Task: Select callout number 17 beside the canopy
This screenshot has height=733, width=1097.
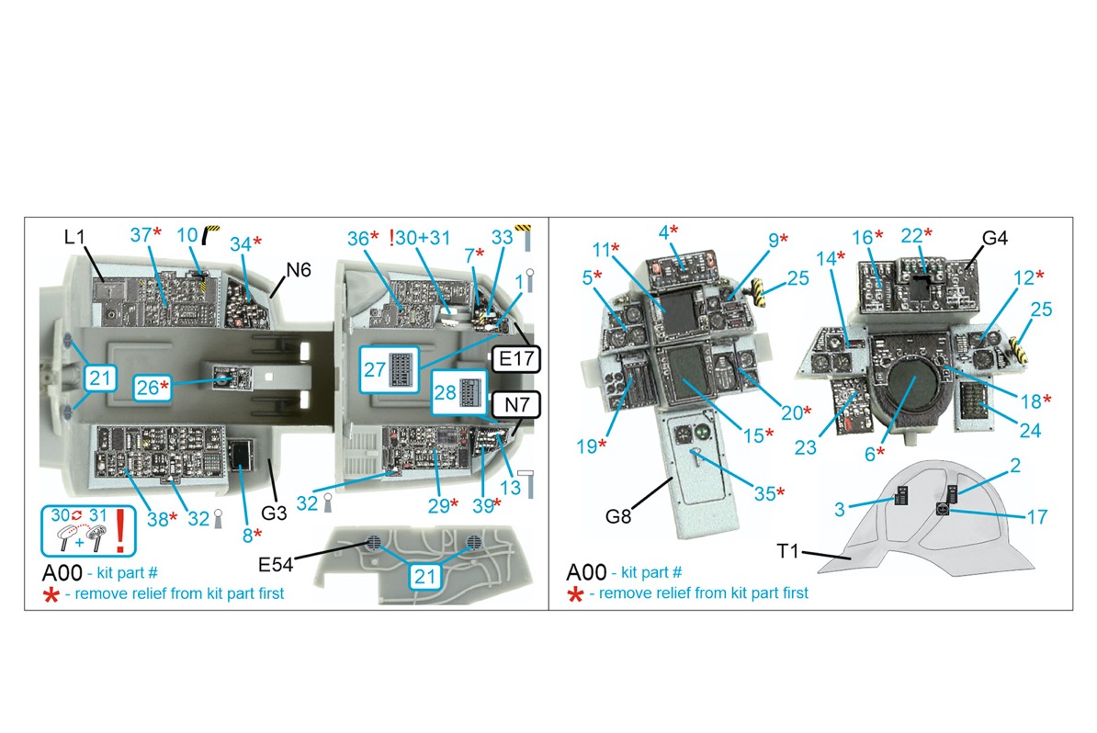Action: [1035, 517]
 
